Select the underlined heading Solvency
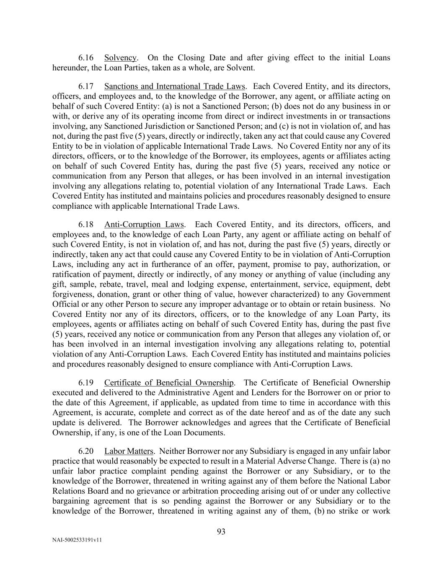tap(120, 58)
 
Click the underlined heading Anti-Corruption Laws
tap(144, 225)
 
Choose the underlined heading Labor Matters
tap(129, 451)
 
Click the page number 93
tap(221, 532)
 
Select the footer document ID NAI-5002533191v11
tap(77, 540)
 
